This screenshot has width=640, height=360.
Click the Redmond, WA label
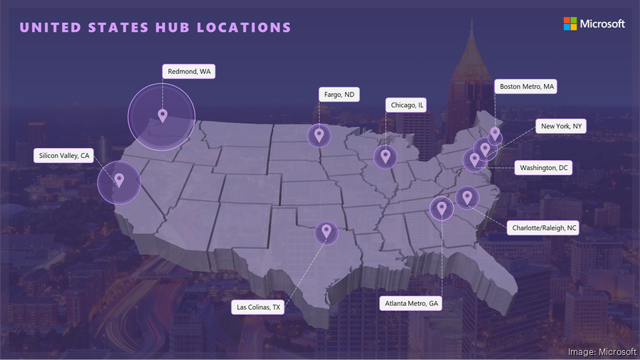tap(188, 71)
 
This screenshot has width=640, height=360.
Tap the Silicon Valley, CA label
tap(64, 155)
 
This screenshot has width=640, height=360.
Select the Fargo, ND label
tap(338, 94)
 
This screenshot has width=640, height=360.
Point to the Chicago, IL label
tap(407, 105)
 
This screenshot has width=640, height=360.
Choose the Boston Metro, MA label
tap(526, 87)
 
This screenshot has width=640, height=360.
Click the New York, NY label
tap(561, 126)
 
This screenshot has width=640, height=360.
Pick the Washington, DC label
tap(543, 168)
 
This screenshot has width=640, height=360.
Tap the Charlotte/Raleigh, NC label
tap(543, 228)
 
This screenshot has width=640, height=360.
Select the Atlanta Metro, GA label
tap(412, 303)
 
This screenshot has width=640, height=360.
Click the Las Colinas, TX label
tap(258, 307)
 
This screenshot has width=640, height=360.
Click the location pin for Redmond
tap(162, 115)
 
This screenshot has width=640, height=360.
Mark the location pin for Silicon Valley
tap(119, 180)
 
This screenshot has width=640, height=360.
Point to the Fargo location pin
tap(319, 134)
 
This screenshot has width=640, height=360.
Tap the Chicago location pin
tap(385, 156)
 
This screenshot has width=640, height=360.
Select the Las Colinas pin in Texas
tap(326, 231)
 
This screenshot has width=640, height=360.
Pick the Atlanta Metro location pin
tap(442, 208)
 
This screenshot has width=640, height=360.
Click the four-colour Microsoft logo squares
tap(570, 23)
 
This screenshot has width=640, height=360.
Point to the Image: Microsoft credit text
tap(602, 351)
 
